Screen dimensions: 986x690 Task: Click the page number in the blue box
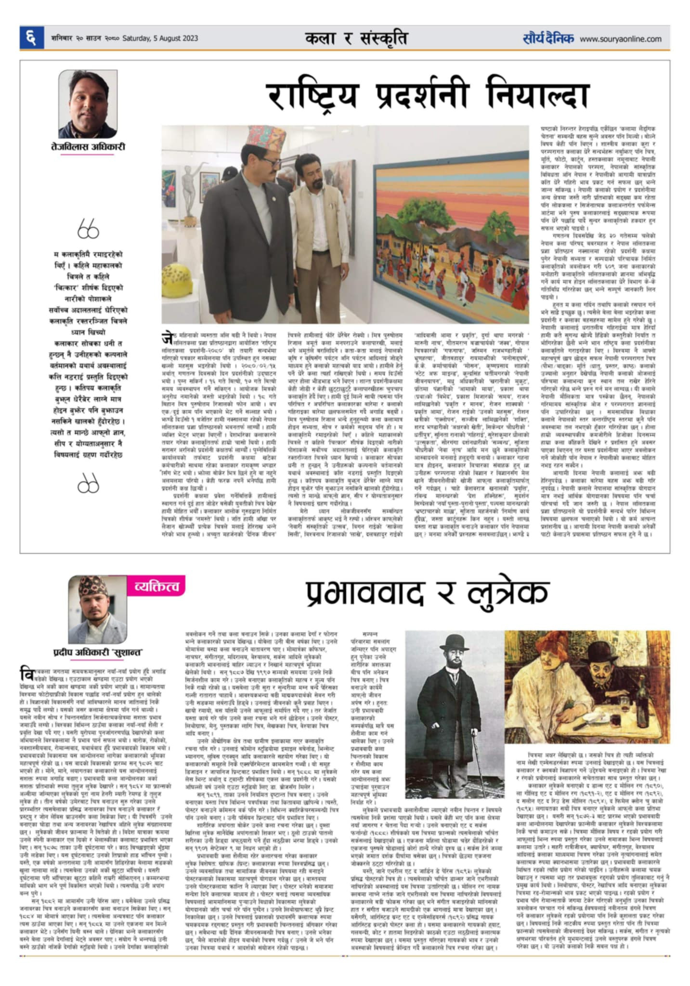30,38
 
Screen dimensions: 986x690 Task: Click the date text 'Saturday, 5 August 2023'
160,39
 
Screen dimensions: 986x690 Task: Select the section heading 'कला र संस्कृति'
356,39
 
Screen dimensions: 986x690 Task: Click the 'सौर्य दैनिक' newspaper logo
548,39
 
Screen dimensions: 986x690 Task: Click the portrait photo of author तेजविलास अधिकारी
88,104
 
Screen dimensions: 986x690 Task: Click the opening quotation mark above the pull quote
88,229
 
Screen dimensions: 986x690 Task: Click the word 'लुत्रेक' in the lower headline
508,593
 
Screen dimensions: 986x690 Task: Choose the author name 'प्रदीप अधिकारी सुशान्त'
98,652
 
